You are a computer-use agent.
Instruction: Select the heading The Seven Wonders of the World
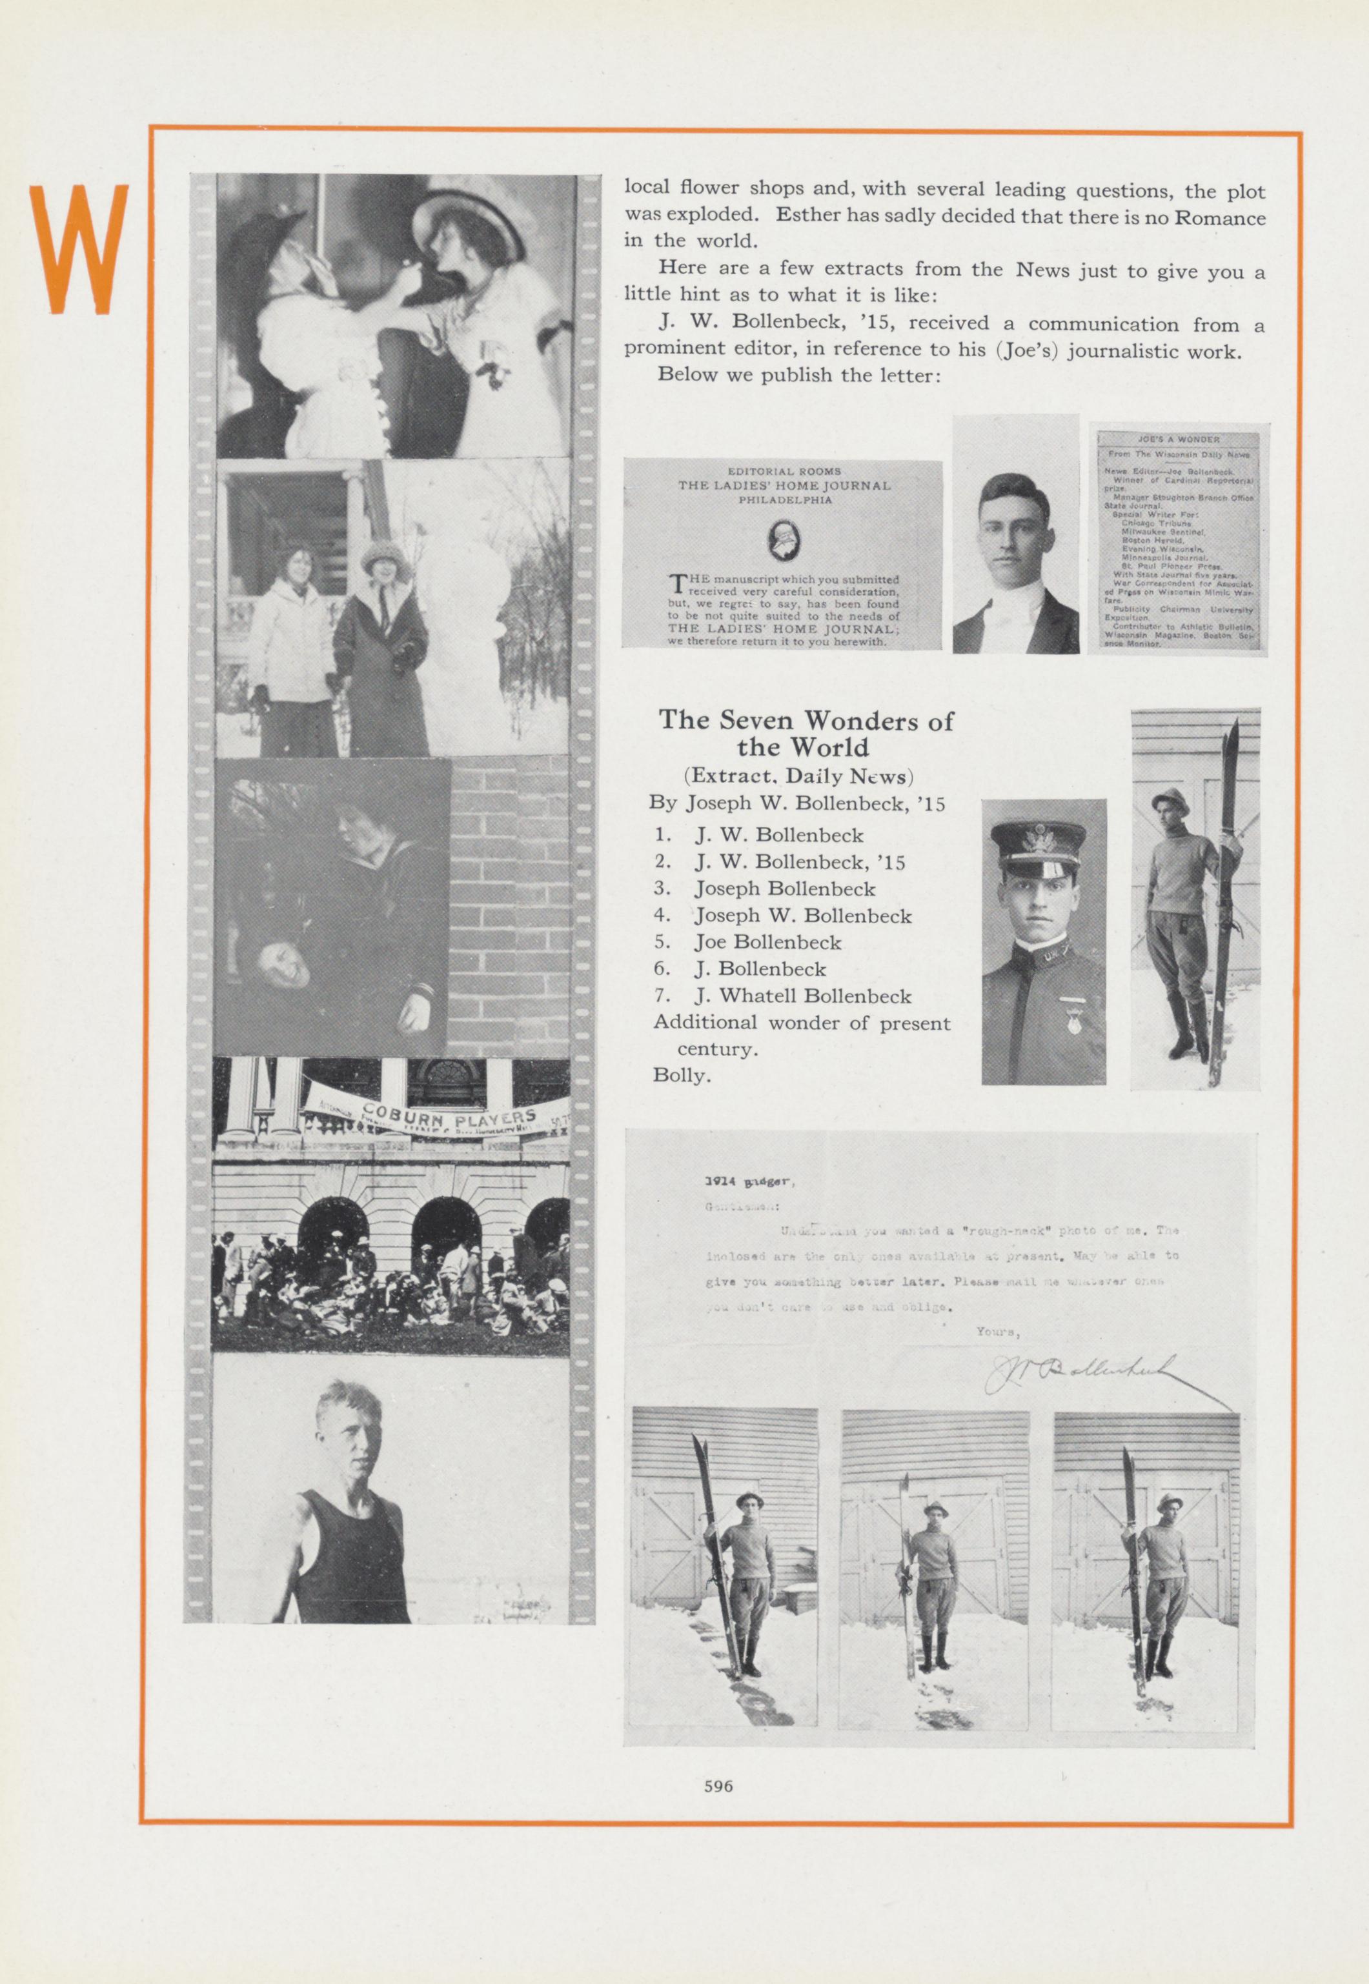pos(805,732)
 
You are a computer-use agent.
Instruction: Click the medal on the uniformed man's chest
pos(1068,1006)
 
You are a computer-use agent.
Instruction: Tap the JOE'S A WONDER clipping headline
pos(1178,439)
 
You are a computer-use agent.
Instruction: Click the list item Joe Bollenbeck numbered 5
pos(767,942)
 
